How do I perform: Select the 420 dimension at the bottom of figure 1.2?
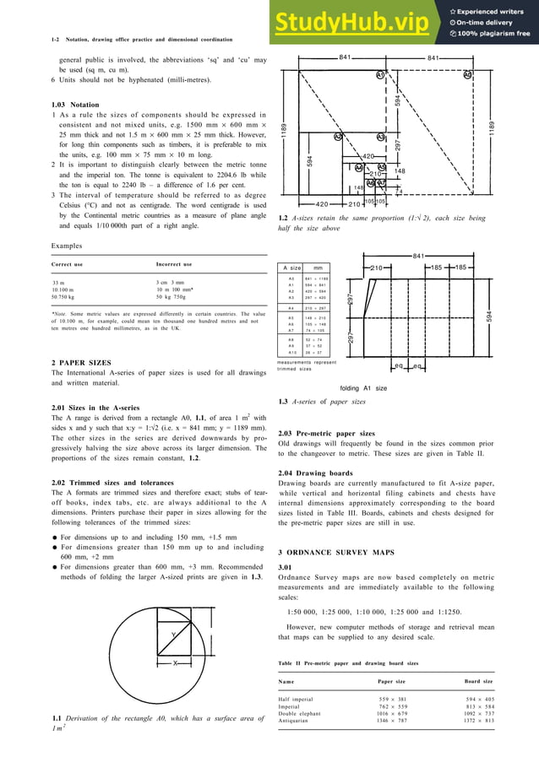pos(321,204)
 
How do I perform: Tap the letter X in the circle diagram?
pos(175,662)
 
